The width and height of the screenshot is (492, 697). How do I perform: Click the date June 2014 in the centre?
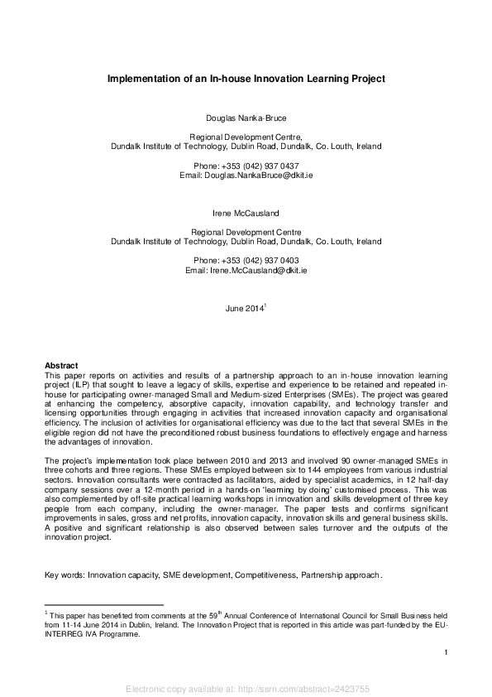[245, 309]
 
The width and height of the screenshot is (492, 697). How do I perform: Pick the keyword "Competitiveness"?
[265, 574]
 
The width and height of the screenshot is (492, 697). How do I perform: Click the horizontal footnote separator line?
[103, 605]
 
